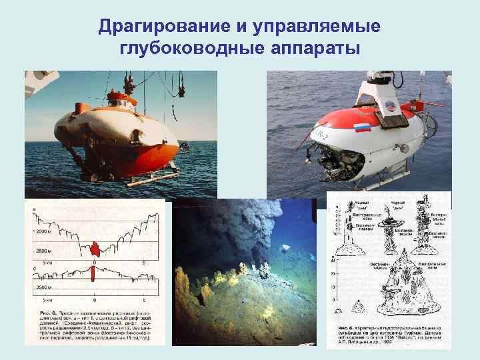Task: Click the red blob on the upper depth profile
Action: [x=95, y=249]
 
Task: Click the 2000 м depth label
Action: [x=43, y=231]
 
